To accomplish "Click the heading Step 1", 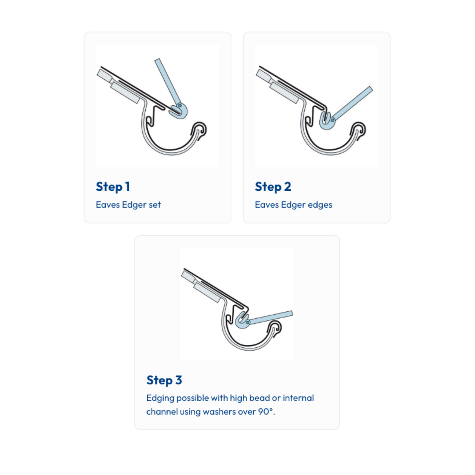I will tap(113, 187).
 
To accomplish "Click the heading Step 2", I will tap(273, 187).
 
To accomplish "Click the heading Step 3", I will tap(164, 380).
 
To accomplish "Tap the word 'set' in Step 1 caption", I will tap(154, 205).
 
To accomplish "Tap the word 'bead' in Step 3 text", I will tap(259, 398).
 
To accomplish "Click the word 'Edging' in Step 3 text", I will tap(160, 398).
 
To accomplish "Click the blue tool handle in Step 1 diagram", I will tap(167, 80).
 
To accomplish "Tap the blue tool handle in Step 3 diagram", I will tap(271, 318).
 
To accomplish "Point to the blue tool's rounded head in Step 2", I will tap(326, 122).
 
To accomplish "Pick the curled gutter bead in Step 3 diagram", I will tap(275, 327).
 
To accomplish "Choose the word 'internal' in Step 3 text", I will tap(298, 398).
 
